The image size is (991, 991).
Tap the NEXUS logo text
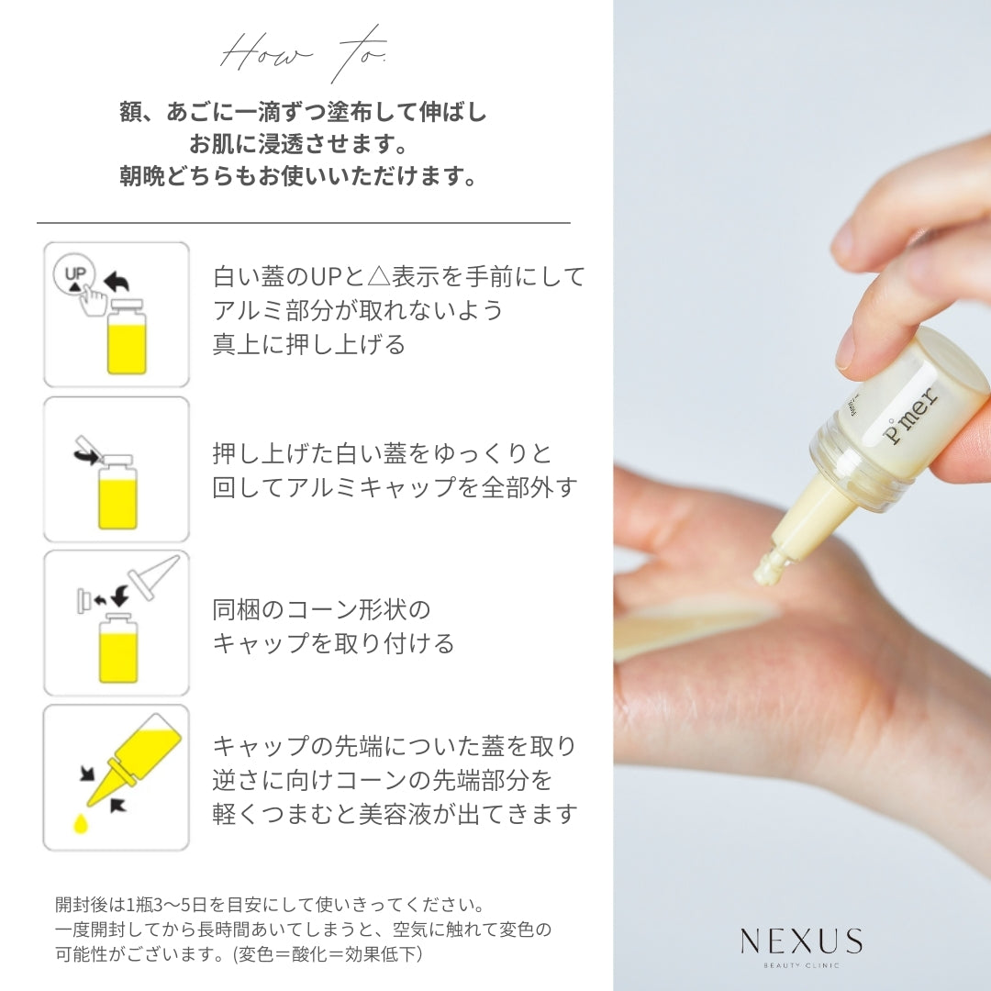[x=801, y=941]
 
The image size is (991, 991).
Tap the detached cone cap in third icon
[x=152, y=577]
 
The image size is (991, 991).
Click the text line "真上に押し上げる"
[x=308, y=344]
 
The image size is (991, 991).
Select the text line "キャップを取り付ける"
[x=333, y=643]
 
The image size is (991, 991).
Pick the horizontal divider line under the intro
[x=303, y=222]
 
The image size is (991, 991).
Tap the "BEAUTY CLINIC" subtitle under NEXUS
[x=801, y=965]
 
